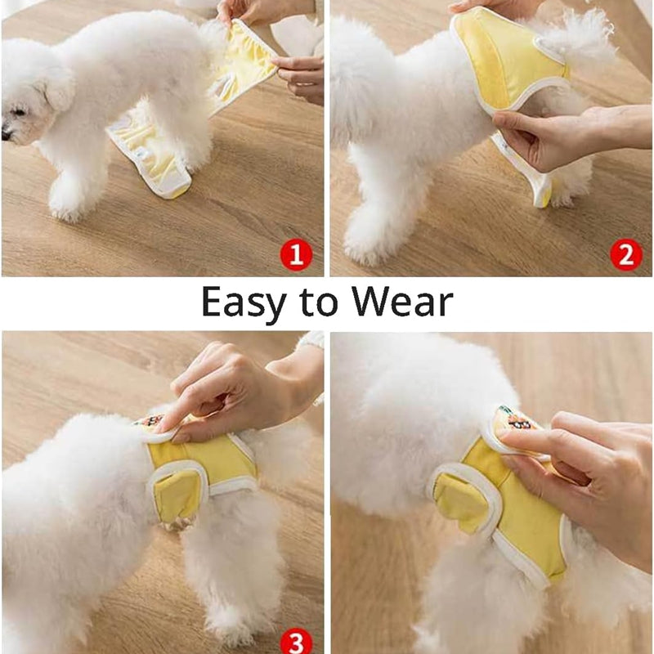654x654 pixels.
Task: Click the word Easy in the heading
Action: [x=244, y=303]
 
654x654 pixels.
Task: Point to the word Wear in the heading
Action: [x=402, y=302]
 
